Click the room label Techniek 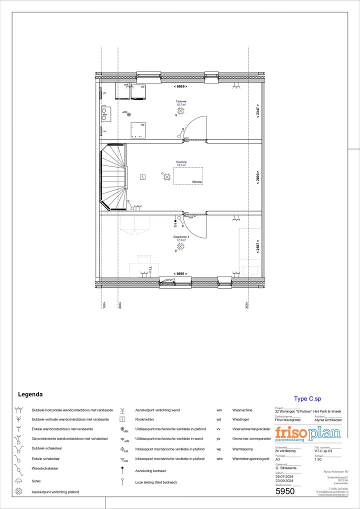click(x=180, y=101)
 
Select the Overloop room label click(x=180, y=162)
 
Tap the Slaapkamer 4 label click(x=180, y=237)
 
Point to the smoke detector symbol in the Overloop click(x=143, y=176)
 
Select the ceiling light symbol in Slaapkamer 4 click(x=180, y=246)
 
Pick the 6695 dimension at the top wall click(x=180, y=87)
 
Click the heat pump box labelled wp click(x=138, y=130)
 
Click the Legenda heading click(x=30, y=394)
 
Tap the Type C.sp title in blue click(x=307, y=398)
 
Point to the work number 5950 click(x=285, y=491)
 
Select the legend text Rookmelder click(x=144, y=419)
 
